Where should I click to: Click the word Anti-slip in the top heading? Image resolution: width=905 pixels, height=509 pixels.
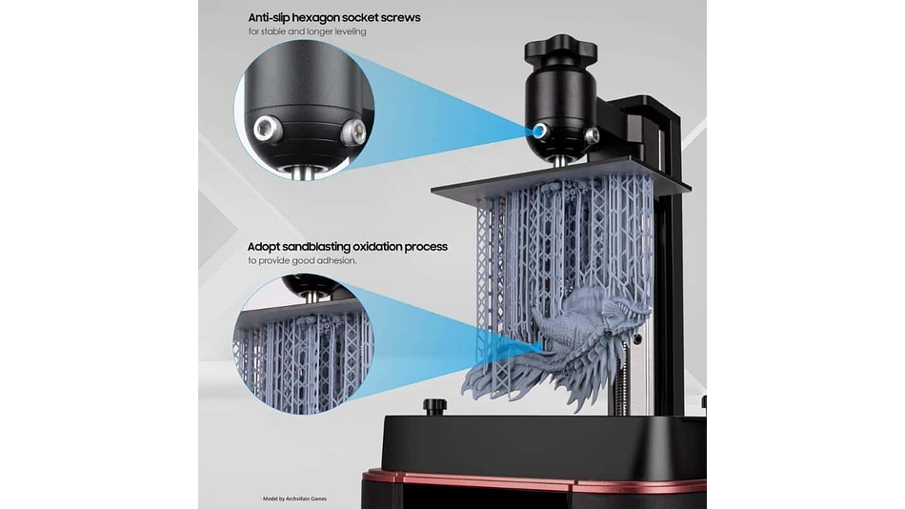(269, 18)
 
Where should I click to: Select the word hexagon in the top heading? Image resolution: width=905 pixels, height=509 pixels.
(315, 18)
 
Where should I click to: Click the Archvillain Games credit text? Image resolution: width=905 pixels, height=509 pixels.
(307, 499)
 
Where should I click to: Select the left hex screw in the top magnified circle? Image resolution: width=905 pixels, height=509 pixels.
(268, 129)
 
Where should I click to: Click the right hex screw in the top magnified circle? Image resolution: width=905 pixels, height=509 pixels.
(353, 132)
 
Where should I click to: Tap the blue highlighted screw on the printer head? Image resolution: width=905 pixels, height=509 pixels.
(540, 131)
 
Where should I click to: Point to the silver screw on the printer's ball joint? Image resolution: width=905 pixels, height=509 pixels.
(592, 135)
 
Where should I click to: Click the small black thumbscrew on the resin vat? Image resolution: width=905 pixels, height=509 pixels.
(433, 406)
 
